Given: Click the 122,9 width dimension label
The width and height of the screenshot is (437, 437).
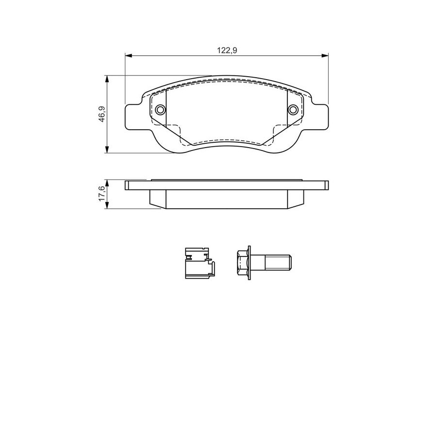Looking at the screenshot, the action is [x=227, y=50].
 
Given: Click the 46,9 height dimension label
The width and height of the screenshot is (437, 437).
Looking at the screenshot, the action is [x=102, y=114].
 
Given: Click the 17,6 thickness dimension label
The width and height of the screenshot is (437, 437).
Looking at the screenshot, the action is [x=102, y=194].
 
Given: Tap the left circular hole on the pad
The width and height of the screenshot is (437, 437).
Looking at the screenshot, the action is [x=160, y=109].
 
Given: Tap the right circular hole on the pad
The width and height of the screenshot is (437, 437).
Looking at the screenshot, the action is [x=293, y=109].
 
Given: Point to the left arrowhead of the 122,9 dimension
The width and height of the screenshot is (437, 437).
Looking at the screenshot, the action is [x=129, y=56].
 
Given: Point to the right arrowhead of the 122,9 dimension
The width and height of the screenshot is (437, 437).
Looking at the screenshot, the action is [x=325, y=56].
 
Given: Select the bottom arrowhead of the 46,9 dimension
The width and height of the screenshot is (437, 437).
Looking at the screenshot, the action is [x=106, y=150].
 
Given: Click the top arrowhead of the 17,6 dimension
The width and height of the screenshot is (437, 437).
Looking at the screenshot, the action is [x=106, y=183].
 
